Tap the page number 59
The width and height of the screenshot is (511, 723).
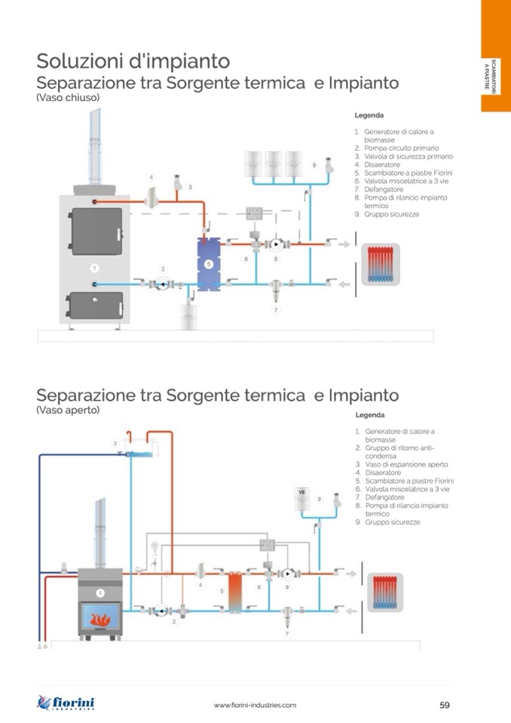coord(444,705)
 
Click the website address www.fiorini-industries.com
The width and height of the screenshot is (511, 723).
coord(255,705)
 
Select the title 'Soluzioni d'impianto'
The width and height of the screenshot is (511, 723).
coord(133,60)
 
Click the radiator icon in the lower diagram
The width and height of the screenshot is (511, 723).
coord(384,591)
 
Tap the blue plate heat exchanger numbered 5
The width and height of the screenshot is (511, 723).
coord(207,264)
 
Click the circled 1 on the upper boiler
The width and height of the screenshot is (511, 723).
coord(95,268)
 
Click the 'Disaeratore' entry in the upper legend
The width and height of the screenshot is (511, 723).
coord(382,164)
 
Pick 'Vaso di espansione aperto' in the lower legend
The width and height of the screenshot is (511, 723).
coord(406,464)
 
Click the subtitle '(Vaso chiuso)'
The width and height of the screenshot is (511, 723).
coord(68,98)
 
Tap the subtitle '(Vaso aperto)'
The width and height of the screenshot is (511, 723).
coord(69,410)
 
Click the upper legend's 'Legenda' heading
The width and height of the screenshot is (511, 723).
coord(369,116)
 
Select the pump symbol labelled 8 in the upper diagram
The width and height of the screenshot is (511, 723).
coord(276,244)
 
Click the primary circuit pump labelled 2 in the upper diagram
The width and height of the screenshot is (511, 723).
coord(162,283)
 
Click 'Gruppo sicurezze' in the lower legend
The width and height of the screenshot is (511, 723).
coord(393,522)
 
